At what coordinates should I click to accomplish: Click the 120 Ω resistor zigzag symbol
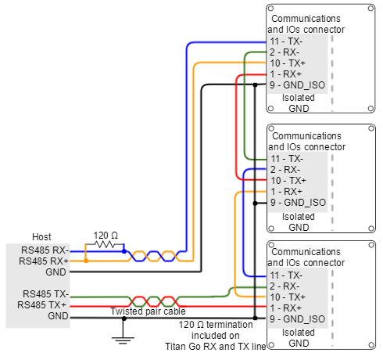point(105,244)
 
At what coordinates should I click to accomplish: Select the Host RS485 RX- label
point(45,250)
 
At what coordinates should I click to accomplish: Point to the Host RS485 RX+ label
point(44,261)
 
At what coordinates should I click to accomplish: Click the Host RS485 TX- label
point(45,294)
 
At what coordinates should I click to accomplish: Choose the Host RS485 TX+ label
point(42,305)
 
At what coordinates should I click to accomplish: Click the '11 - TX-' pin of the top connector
point(286,41)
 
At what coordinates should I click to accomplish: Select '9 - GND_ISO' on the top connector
point(297,85)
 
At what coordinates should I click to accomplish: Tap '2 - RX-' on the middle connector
point(285,170)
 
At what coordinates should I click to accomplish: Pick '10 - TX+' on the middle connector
point(288,181)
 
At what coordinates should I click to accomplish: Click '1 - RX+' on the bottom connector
point(285,308)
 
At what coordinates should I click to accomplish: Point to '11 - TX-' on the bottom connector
point(286,275)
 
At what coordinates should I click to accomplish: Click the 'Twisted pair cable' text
point(148,311)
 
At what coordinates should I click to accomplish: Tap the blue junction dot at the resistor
point(124,251)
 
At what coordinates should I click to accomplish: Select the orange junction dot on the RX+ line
point(86,261)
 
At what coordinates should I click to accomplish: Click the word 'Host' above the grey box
point(41,237)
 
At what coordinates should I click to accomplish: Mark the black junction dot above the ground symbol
point(124,319)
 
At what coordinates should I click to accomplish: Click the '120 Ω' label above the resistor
point(106,236)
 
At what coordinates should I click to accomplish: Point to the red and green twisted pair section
point(154,301)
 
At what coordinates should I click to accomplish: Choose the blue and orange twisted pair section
point(154,256)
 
